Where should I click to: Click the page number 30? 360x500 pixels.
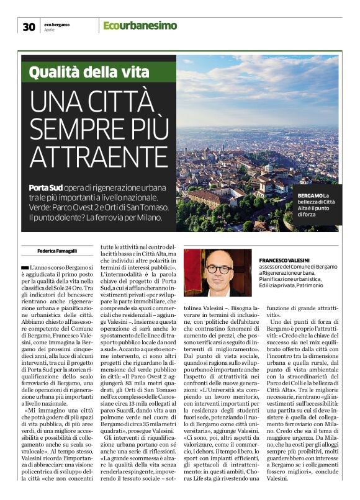point(29,26)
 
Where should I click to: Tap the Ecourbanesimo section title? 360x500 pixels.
point(140,26)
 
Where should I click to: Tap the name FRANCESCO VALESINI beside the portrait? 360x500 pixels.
point(286,259)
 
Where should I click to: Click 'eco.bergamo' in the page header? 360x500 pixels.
point(56,24)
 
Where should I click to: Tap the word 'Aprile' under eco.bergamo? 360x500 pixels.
point(50,29)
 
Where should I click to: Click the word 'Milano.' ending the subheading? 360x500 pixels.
point(145,218)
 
